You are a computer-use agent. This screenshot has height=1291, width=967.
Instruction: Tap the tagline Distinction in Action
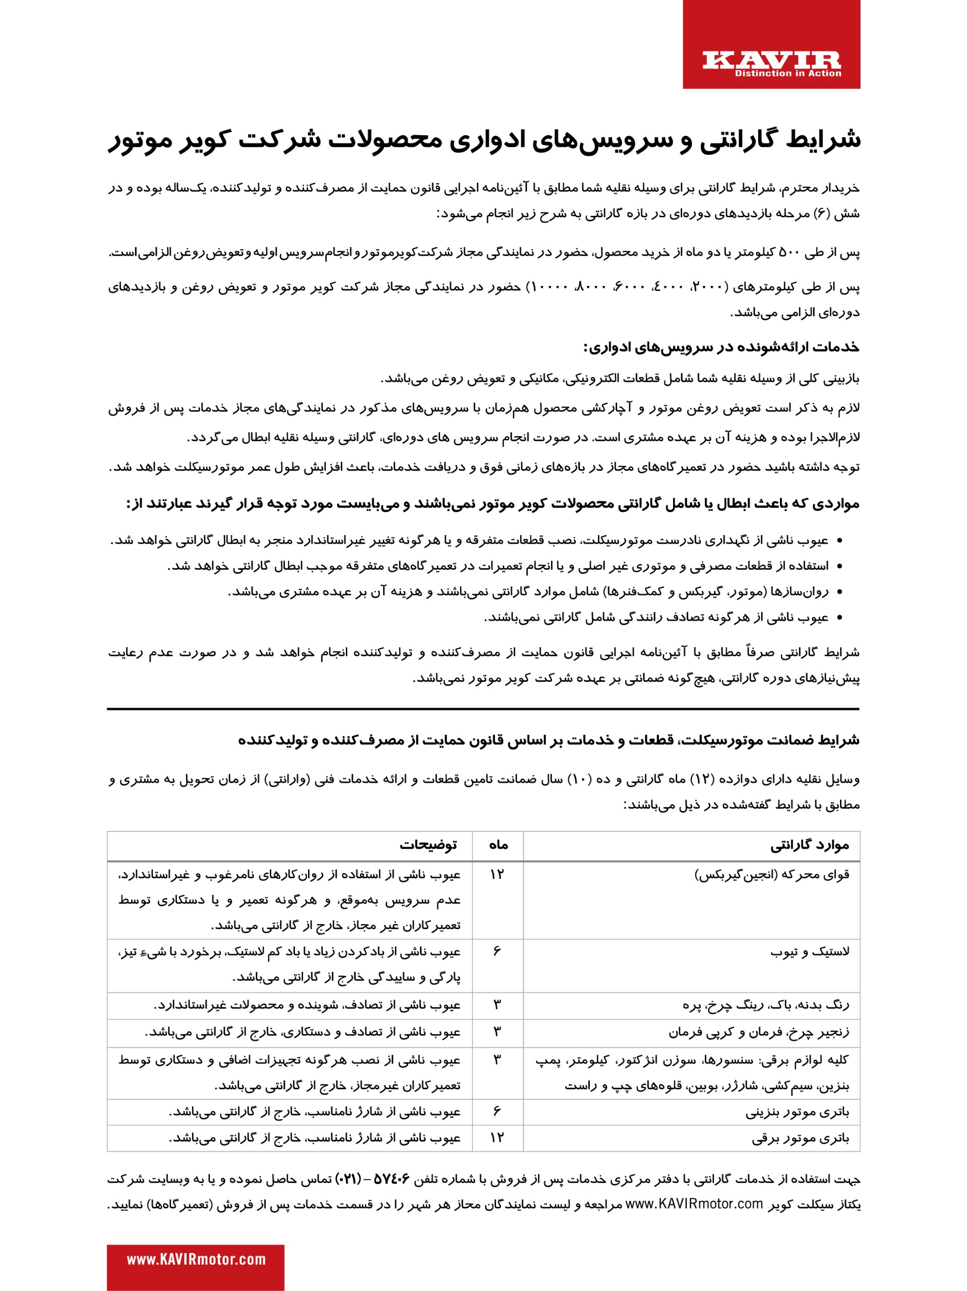click(x=788, y=74)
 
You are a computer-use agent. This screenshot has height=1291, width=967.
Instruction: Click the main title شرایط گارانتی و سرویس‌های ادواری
click(x=484, y=140)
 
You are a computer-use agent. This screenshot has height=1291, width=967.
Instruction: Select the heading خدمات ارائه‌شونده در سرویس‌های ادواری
click(x=721, y=347)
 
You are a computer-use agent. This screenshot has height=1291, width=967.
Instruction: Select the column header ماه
click(x=498, y=845)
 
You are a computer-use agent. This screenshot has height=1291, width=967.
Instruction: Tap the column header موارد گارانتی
click(x=809, y=845)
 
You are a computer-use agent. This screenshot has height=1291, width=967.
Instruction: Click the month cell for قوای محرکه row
click(x=497, y=874)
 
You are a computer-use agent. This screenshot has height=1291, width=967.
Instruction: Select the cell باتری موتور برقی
click(x=800, y=1138)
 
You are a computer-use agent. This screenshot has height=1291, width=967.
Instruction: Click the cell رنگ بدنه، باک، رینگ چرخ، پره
click(x=766, y=1005)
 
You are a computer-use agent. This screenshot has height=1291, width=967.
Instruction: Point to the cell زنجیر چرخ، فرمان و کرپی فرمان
click(x=759, y=1032)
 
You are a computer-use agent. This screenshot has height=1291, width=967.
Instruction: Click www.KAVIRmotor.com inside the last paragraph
click(x=694, y=1204)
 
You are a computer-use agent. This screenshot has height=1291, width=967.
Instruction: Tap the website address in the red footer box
click(x=196, y=1260)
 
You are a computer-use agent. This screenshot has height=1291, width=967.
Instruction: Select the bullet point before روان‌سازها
click(x=840, y=592)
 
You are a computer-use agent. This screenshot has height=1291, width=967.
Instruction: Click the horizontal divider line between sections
click(x=483, y=709)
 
